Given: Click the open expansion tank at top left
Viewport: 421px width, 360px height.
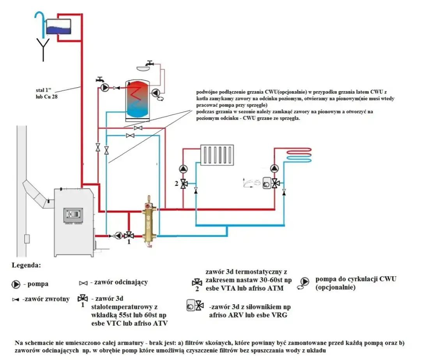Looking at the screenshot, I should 58,26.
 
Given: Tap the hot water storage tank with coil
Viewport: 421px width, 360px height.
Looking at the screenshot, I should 136,99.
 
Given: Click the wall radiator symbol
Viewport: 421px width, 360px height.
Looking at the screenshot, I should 217,155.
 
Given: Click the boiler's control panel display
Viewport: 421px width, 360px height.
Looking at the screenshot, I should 73,214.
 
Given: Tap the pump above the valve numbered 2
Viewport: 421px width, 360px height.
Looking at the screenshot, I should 183,169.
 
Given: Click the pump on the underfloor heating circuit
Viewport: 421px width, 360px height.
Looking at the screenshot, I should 275,168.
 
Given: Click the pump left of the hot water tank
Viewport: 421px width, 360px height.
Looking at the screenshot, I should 105,88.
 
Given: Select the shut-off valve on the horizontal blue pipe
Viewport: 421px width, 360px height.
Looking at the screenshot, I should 130,135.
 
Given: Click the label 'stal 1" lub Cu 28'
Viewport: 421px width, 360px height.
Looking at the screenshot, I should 46,94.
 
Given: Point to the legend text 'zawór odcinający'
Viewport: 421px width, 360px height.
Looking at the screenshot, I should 119,282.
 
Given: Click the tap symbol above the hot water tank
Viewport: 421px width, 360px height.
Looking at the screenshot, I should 149,63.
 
